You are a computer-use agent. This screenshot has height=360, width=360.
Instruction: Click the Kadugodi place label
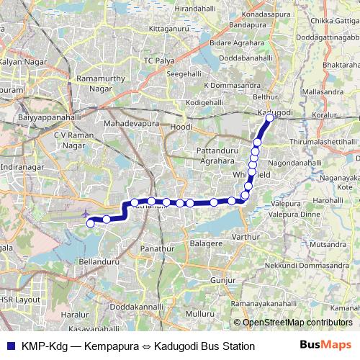pos(275,113)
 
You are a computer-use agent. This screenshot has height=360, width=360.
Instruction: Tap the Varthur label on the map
pos(245,236)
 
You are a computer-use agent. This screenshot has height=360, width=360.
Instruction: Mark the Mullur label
pos(199,315)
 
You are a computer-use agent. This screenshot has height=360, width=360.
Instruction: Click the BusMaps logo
pos(324,346)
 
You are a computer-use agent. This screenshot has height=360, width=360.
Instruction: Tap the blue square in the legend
pos(9,346)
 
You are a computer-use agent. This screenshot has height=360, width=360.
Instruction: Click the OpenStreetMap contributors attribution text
pos(297,323)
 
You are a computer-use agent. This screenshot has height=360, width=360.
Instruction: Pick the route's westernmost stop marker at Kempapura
pos(91,224)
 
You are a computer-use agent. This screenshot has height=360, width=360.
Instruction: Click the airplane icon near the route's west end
pos(87,213)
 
